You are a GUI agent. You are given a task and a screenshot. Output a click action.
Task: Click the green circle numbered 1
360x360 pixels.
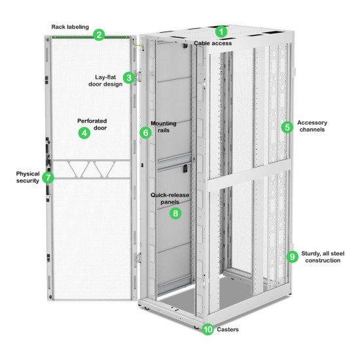221,31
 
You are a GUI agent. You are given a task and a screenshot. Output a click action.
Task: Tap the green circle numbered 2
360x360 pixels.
98,35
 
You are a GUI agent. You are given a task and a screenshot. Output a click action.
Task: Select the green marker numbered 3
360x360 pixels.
129,78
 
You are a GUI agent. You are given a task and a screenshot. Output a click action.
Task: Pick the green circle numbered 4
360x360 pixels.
84,133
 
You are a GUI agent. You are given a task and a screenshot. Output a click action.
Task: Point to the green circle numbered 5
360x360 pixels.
287,127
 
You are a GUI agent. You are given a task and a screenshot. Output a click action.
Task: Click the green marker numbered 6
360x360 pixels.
145,132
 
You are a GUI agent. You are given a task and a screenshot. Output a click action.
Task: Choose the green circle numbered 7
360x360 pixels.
47,177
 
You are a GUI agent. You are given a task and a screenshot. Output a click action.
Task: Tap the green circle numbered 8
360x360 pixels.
174,213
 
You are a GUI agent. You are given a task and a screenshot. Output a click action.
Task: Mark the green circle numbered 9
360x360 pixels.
292,256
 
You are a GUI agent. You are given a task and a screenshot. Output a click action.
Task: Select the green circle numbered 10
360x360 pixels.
208,330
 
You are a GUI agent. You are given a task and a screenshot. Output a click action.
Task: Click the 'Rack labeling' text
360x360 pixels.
70,27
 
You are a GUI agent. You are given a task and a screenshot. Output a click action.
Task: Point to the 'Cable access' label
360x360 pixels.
212,43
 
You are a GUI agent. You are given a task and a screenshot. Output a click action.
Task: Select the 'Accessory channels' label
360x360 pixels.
312,126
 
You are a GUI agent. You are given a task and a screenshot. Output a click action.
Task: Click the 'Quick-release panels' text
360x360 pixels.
166,198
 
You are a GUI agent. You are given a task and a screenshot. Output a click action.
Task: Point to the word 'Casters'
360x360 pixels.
227,329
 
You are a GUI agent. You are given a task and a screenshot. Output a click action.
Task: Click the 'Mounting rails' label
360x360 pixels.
164,126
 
